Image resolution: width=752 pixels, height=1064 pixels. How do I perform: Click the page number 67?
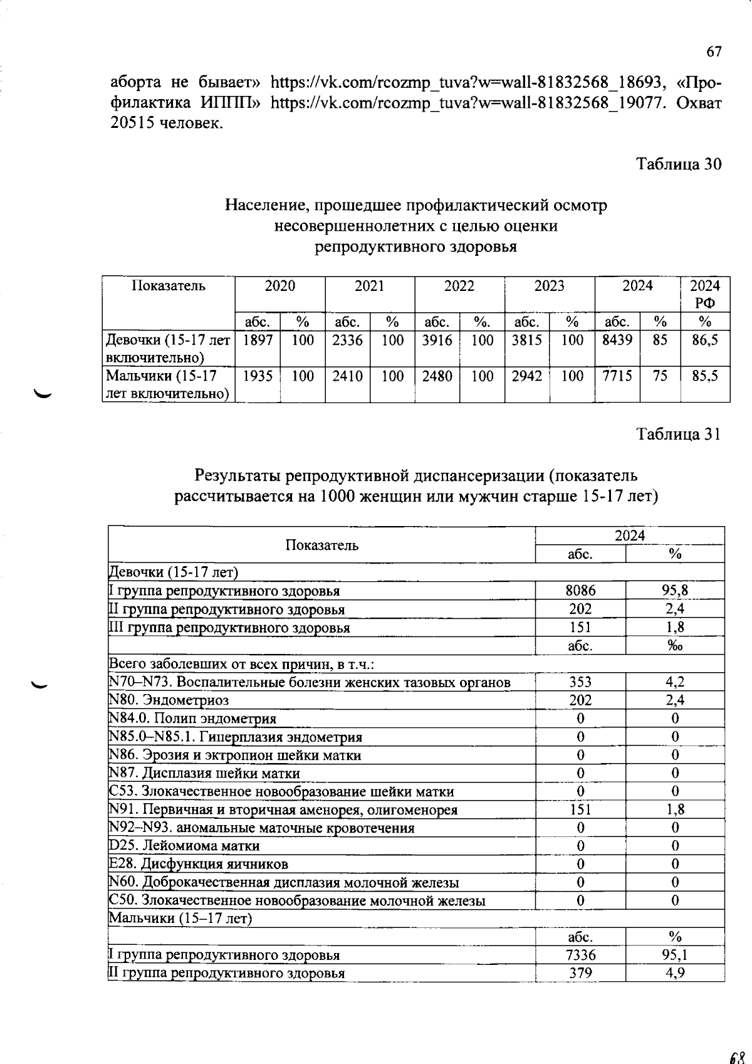(x=714, y=52)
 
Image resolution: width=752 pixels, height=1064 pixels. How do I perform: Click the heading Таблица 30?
(x=679, y=164)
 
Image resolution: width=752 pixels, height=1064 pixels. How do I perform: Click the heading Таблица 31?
(x=679, y=434)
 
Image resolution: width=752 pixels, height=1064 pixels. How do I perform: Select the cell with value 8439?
(x=617, y=340)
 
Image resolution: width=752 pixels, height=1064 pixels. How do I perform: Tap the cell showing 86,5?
(x=705, y=340)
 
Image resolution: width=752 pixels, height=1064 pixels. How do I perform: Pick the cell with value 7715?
(x=617, y=376)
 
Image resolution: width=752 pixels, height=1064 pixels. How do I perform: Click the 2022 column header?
(x=459, y=287)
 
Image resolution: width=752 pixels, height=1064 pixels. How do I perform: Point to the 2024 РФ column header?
(x=705, y=294)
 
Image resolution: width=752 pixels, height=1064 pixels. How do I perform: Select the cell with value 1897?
(x=257, y=340)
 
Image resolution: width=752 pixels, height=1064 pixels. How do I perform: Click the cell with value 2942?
(x=526, y=376)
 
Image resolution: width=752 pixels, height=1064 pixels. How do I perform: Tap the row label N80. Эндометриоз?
(x=169, y=700)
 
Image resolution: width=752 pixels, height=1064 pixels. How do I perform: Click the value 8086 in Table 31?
(x=580, y=591)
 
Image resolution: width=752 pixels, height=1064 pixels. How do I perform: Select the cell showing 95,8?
(x=675, y=591)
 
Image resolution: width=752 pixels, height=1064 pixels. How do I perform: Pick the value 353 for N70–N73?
(x=580, y=682)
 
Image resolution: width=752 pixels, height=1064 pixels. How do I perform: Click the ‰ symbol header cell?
(x=675, y=646)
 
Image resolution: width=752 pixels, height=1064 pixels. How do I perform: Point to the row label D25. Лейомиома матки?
(x=184, y=846)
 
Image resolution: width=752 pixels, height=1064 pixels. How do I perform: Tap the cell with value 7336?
(x=580, y=956)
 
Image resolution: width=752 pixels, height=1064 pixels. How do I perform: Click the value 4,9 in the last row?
(x=675, y=974)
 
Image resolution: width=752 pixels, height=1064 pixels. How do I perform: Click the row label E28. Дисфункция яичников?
(x=199, y=864)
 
